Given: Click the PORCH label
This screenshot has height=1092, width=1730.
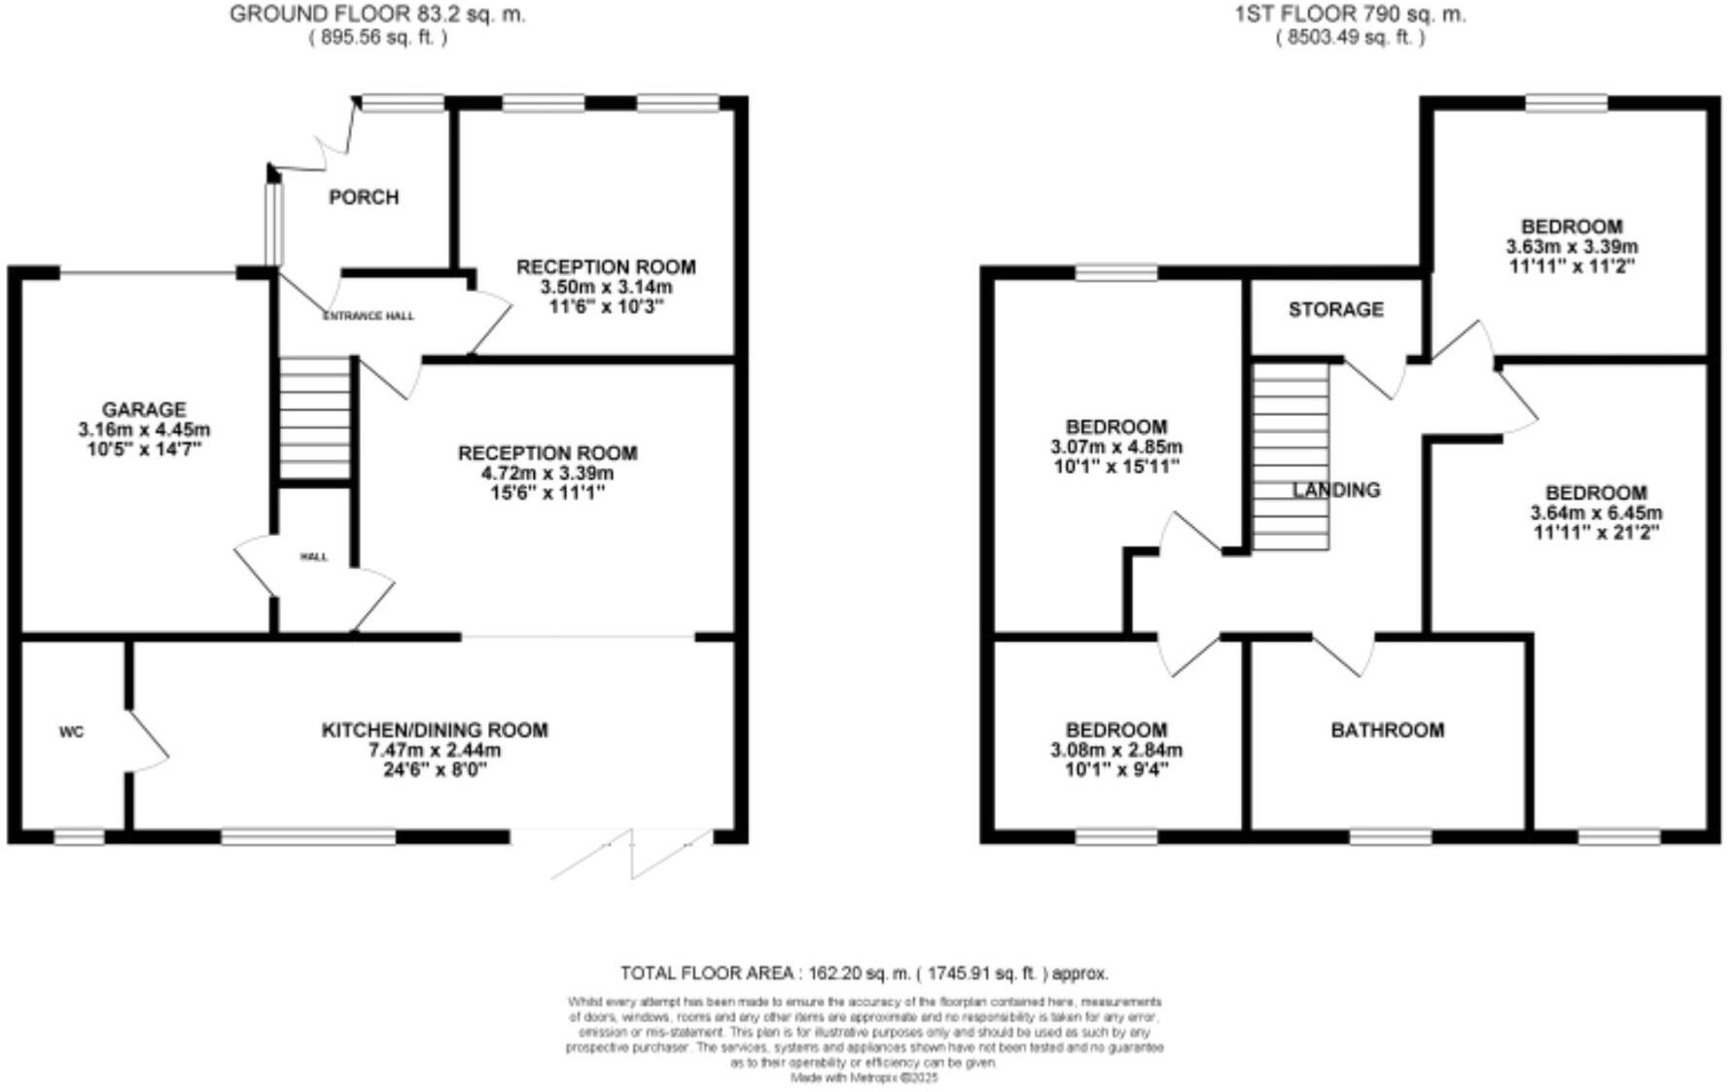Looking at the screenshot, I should [x=364, y=197].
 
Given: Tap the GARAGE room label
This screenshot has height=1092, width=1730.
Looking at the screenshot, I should [x=144, y=409].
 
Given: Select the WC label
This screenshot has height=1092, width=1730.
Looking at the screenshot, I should [x=71, y=732].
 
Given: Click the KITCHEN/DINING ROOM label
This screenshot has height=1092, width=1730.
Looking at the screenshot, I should [x=435, y=729].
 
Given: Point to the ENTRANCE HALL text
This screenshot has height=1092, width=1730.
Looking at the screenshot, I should [x=368, y=316].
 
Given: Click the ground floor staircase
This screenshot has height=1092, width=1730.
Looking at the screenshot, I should [x=314, y=418].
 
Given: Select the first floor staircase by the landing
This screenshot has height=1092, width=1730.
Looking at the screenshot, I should [x=1289, y=457].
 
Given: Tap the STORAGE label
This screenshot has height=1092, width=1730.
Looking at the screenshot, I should [x=1335, y=309].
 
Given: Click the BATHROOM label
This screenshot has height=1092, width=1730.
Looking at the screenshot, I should [x=1387, y=729].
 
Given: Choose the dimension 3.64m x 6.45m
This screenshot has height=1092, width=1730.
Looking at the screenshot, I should [x=1596, y=512].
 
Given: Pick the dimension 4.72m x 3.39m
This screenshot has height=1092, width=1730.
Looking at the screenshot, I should [x=547, y=474].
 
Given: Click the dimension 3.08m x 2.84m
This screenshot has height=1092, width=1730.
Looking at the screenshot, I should [x=1116, y=750].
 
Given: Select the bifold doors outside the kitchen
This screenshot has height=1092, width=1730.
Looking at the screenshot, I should [x=630, y=854].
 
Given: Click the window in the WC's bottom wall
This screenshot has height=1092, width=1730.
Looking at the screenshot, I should [x=79, y=836].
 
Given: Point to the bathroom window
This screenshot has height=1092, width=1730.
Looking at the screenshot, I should [x=1391, y=836].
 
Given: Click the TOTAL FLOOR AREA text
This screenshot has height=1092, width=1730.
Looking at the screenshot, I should [x=864, y=972].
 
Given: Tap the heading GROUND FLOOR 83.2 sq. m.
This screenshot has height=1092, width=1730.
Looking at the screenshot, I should [x=377, y=15].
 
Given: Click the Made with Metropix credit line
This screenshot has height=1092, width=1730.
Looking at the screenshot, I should [x=864, y=1077].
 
